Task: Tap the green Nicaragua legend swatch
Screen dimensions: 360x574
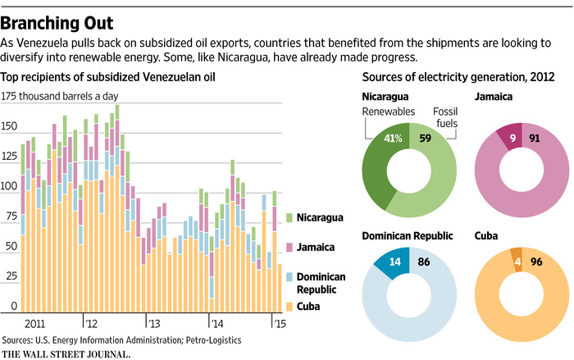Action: click(x=289, y=217)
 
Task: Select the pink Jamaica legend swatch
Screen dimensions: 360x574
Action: click(x=289, y=247)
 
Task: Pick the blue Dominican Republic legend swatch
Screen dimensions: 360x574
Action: click(x=289, y=276)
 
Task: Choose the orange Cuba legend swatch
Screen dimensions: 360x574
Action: click(x=289, y=307)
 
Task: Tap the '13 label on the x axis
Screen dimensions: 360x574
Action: click(x=153, y=322)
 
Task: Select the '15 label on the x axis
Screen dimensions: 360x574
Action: click(x=278, y=322)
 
